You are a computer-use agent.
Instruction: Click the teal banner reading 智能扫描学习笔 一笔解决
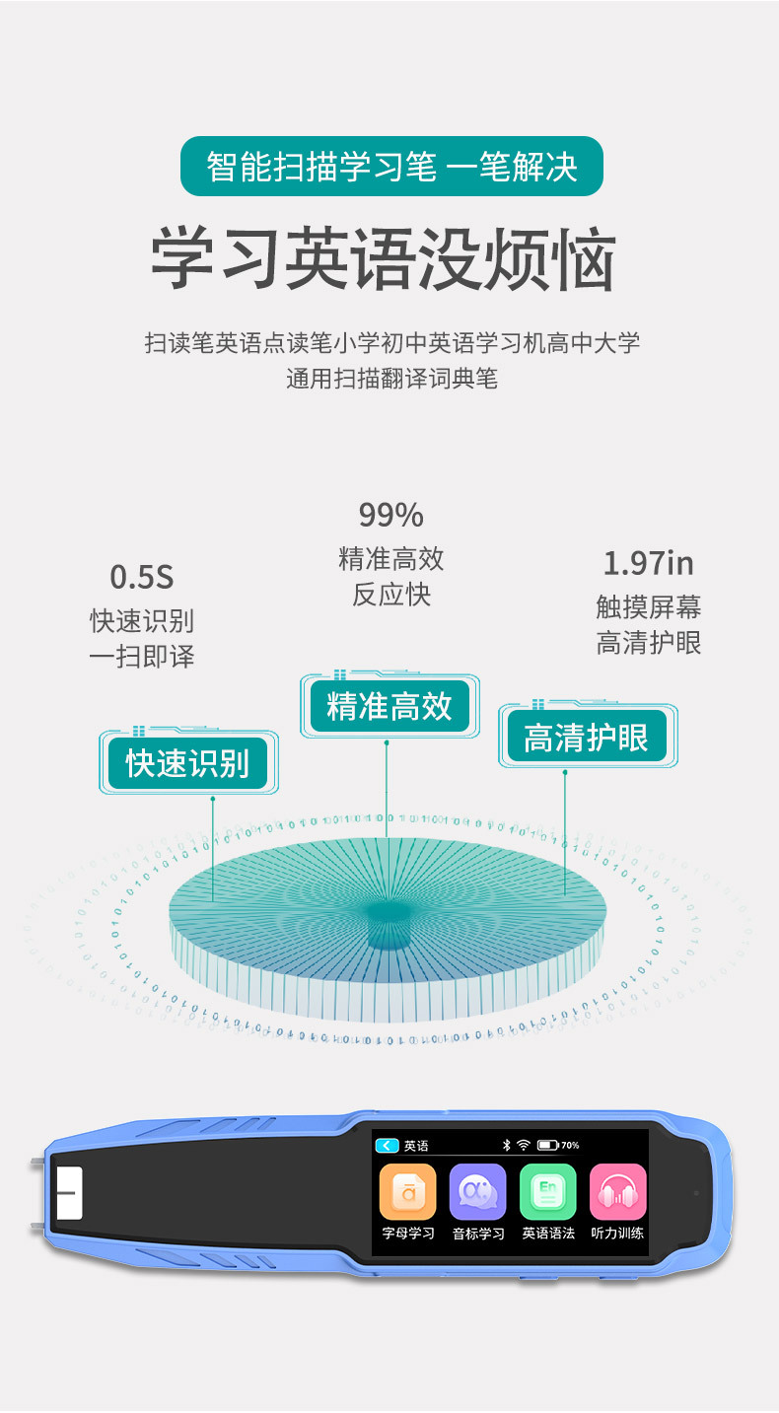pos(390,166)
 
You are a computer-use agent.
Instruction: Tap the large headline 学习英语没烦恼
pos(384,260)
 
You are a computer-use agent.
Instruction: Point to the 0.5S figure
pos(141,576)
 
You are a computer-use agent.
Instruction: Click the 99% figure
pos(390,515)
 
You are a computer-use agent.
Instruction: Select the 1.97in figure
pos(648,563)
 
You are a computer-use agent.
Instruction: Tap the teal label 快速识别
pos(187,763)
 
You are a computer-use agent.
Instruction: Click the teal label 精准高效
pos(389,706)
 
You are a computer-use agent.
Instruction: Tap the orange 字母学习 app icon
pos(407,1191)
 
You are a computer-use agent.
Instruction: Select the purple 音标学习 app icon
pos(477,1191)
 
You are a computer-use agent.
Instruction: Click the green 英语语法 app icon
pos(547,1191)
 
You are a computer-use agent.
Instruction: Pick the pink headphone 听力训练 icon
pos(617,1191)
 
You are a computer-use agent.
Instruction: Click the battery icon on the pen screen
pos(548,1146)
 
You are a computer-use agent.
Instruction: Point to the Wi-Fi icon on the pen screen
pos(524,1146)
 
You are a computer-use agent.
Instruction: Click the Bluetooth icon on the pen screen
pos(506,1146)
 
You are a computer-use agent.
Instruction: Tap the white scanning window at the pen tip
pos(69,1193)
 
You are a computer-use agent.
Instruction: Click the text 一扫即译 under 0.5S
pos(142,657)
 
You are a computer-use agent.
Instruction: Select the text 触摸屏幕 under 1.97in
pos(648,606)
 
